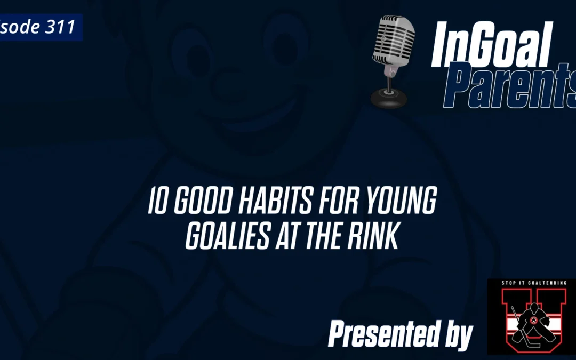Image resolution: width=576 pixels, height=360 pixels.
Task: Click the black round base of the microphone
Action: [388, 98]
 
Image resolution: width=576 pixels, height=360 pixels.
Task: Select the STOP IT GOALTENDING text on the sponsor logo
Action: [531, 283]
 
